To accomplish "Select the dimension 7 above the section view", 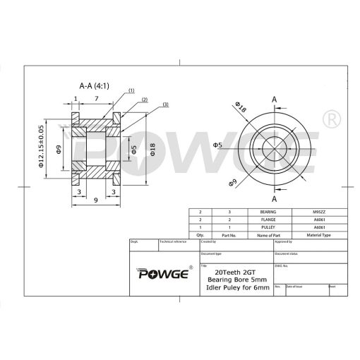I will click(x=96, y=100).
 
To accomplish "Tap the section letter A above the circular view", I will click(x=273, y=100).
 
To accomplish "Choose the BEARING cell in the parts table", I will click(x=268, y=212).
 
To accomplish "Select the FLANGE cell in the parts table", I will click(x=268, y=220).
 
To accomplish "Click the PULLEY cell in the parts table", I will click(x=268, y=227).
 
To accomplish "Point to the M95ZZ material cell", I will click(x=319, y=212).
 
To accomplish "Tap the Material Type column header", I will click(x=319, y=235).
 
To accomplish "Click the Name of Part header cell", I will click(x=268, y=235).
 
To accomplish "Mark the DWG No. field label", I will click(x=280, y=266).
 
